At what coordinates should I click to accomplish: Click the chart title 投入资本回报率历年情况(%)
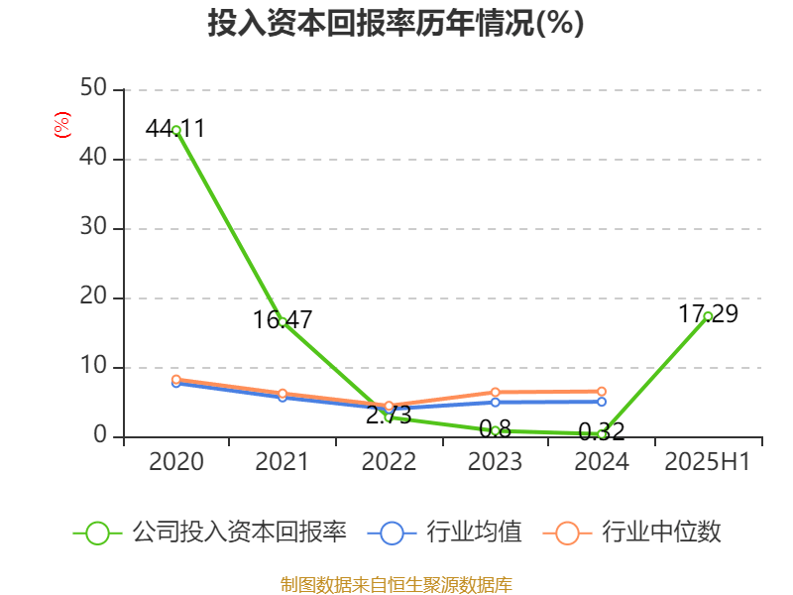(396, 24)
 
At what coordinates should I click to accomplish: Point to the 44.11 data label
(174, 128)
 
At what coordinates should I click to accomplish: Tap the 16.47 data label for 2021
(283, 319)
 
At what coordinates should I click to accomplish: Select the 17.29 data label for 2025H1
(708, 313)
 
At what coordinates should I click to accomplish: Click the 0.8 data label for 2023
(495, 429)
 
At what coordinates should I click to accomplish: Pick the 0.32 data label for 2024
(602, 431)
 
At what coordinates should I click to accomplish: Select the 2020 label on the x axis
(175, 461)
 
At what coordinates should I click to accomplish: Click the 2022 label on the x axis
(389, 461)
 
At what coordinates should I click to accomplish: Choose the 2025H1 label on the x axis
(707, 461)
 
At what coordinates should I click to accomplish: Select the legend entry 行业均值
(446, 533)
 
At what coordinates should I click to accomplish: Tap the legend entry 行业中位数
(634, 533)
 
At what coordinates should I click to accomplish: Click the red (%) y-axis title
(61, 124)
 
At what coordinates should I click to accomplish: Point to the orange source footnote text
(396, 584)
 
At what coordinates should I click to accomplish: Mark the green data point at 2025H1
(708, 316)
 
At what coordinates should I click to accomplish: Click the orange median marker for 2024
(602, 392)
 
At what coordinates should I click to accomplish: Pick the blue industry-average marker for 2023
(495, 402)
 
